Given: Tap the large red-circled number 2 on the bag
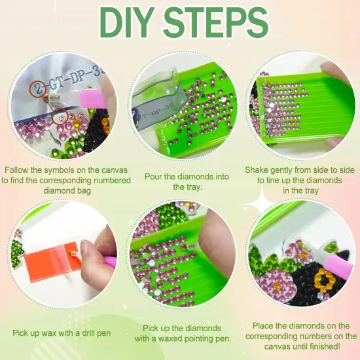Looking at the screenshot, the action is point(38,88).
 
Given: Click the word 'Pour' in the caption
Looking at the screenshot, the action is point(153,177).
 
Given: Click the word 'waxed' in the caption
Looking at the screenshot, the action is point(166,338).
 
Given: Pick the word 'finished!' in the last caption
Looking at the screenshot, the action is point(325,346).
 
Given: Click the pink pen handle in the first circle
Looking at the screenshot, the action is point(92,98).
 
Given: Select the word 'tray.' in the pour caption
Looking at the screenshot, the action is point(187,187).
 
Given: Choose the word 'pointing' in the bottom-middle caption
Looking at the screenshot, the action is point(196,339).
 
